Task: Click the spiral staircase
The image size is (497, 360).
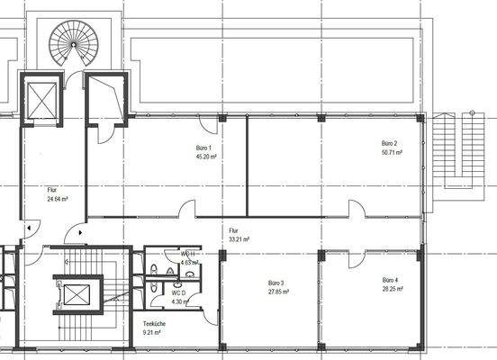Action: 73,39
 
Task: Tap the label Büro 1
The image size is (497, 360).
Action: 203,148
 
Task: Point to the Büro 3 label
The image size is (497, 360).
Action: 276,283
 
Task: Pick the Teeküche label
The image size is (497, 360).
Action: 152,324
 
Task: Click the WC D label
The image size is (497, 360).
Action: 179,292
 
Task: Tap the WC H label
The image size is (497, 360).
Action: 187,254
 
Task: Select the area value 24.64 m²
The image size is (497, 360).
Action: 58,199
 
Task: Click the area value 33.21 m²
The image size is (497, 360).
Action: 239,239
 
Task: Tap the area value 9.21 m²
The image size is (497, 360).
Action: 152,332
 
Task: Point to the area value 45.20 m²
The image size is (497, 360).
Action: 203,156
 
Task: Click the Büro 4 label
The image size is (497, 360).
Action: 390,281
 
